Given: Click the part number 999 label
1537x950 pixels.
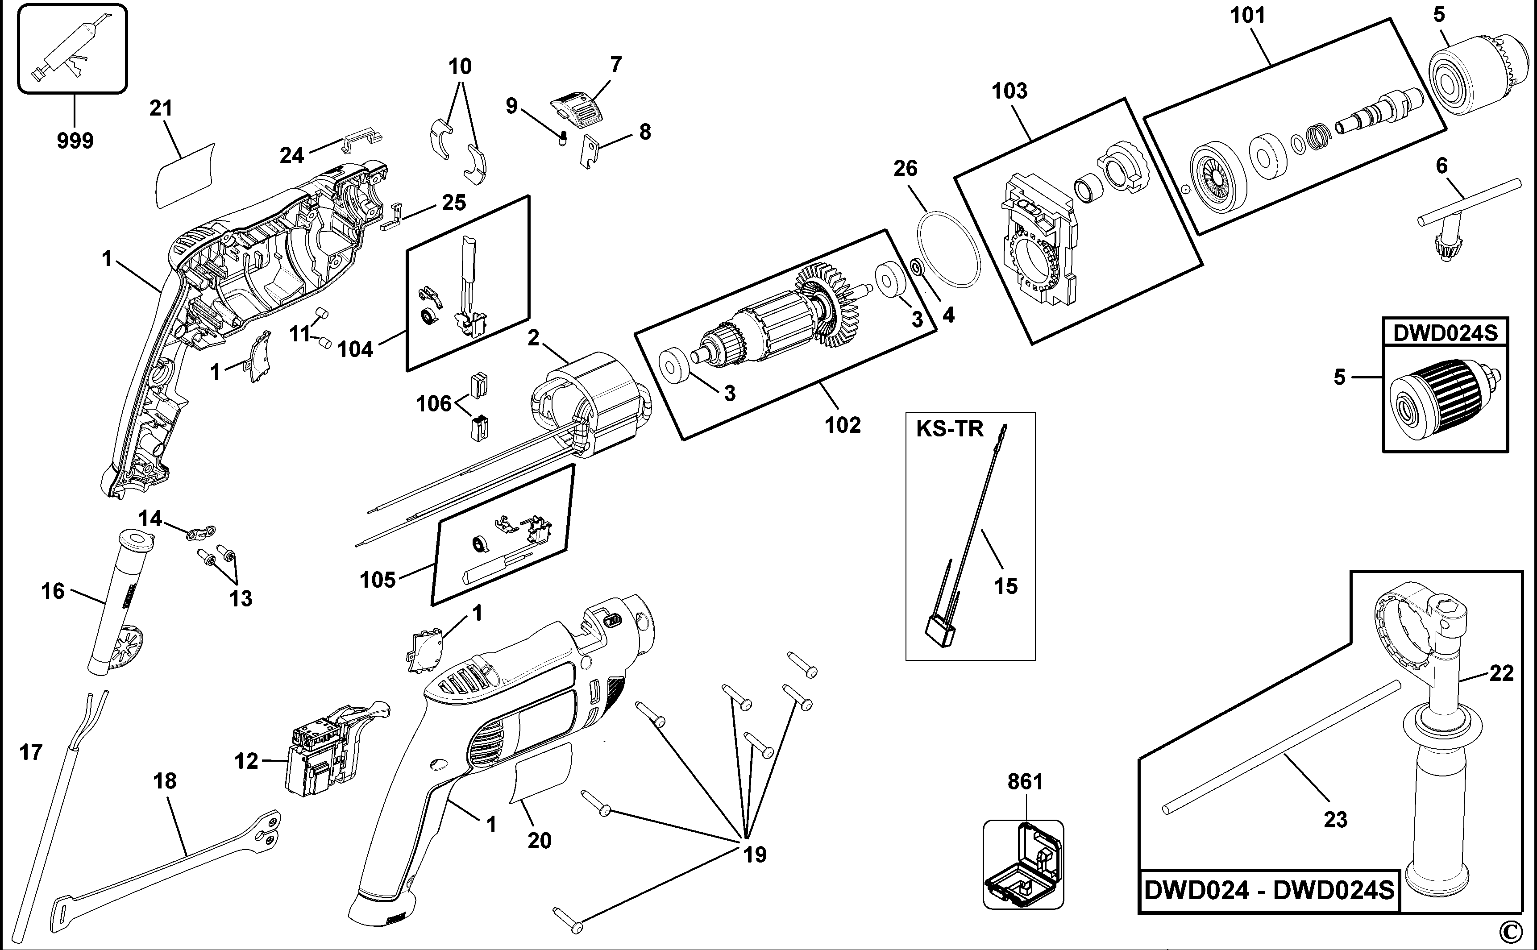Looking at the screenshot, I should (x=75, y=140).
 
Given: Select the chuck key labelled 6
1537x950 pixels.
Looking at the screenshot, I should (x=1464, y=207).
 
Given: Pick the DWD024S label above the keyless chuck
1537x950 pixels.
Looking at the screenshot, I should (x=1445, y=332).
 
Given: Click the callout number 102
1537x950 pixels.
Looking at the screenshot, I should (x=842, y=425).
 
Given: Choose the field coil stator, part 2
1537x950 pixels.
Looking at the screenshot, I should (x=591, y=402).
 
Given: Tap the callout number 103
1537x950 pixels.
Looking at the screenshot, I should (x=1009, y=91).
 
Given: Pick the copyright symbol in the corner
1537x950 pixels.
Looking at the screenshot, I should (x=1520, y=930).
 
